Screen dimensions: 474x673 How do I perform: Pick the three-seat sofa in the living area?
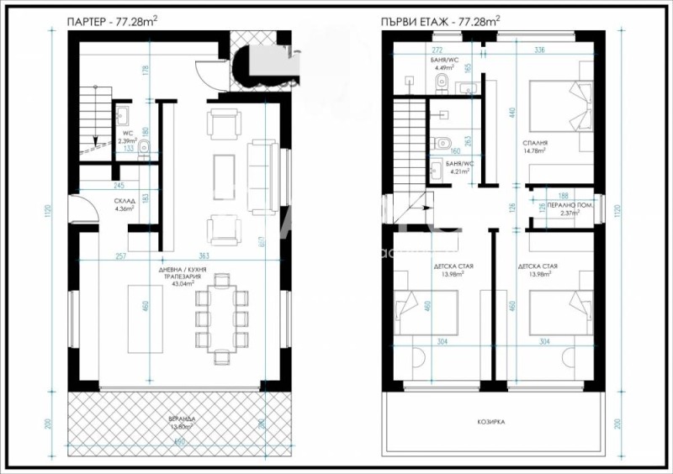point(260,176)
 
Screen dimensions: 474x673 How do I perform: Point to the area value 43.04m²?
point(183,283)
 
